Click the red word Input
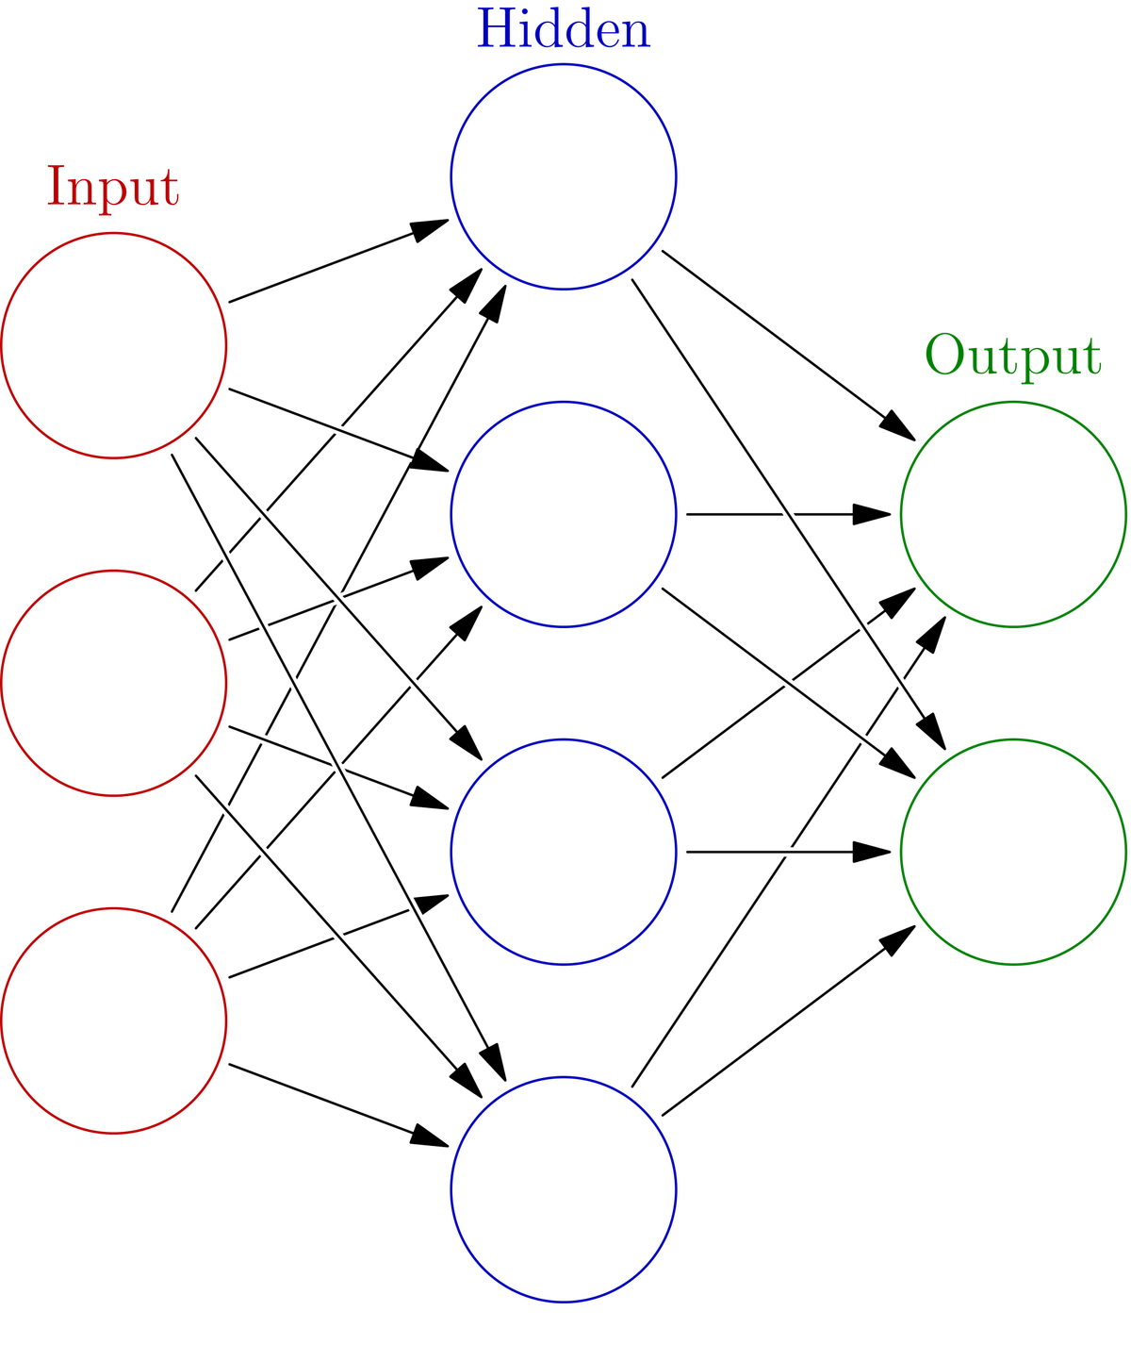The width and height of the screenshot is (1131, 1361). pos(113,189)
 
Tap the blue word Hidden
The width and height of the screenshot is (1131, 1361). pos(564,30)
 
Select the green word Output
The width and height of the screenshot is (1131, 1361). pos(1012,357)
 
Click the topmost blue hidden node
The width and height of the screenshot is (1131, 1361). pos(564,176)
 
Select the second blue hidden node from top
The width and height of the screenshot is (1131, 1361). pos(564,513)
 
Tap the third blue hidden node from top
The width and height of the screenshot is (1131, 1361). pos(564,851)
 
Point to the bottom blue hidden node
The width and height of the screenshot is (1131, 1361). pos(564,1188)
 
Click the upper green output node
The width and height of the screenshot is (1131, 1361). pos(1013,514)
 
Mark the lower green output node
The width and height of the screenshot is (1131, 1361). pos(1013,851)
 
